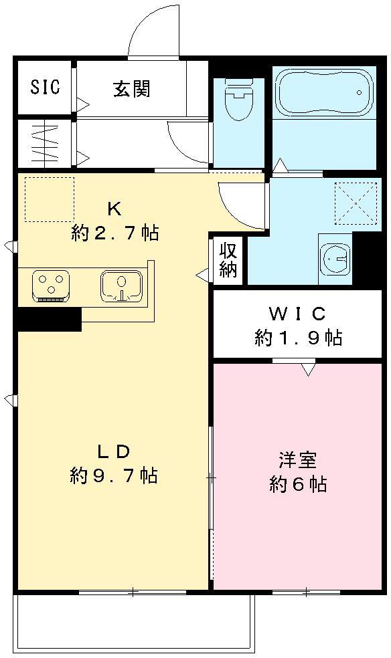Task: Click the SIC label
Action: click(x=45, y=87)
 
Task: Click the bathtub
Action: click(x=324, y=94)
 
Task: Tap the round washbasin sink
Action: click(x=335, y=257)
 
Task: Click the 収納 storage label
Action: click(x=228, y=259)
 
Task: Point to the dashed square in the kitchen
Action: click(x=50, y=199)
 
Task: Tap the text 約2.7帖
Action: click(x=115, y=233)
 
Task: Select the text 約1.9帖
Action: click(x=298, y=338)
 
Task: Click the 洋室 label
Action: click(x=298, y=460)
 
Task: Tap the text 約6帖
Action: click(x=298, y=484)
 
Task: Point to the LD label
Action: click(x=114, y=450)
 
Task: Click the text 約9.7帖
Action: click(x=114, y=475)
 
